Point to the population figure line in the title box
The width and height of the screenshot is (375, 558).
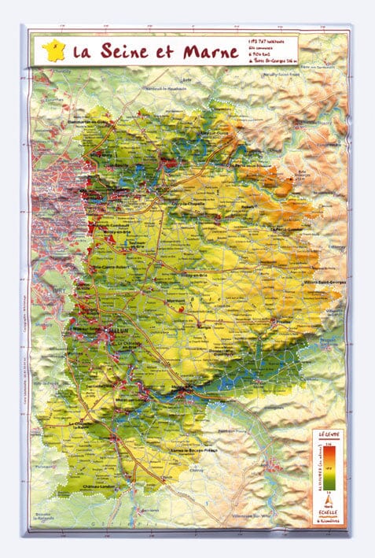click(268, 39)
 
